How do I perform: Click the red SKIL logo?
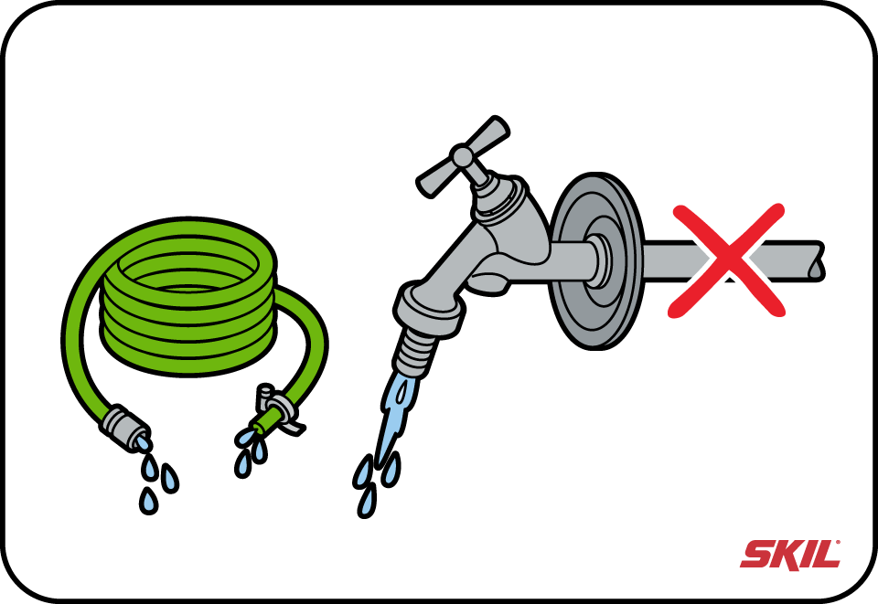tap(789, 555)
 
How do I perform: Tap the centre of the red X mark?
tap(727, 261)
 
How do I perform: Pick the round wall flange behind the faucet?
tap(597, 261)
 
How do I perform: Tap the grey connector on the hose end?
tap(125, 426)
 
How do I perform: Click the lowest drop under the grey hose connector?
tap(148, 501)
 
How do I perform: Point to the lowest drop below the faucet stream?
tap(367, 501)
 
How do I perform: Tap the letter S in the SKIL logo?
tap(756, 555)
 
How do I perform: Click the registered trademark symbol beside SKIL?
tap(839, 542)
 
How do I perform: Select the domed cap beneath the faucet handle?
tap(500, 198)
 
